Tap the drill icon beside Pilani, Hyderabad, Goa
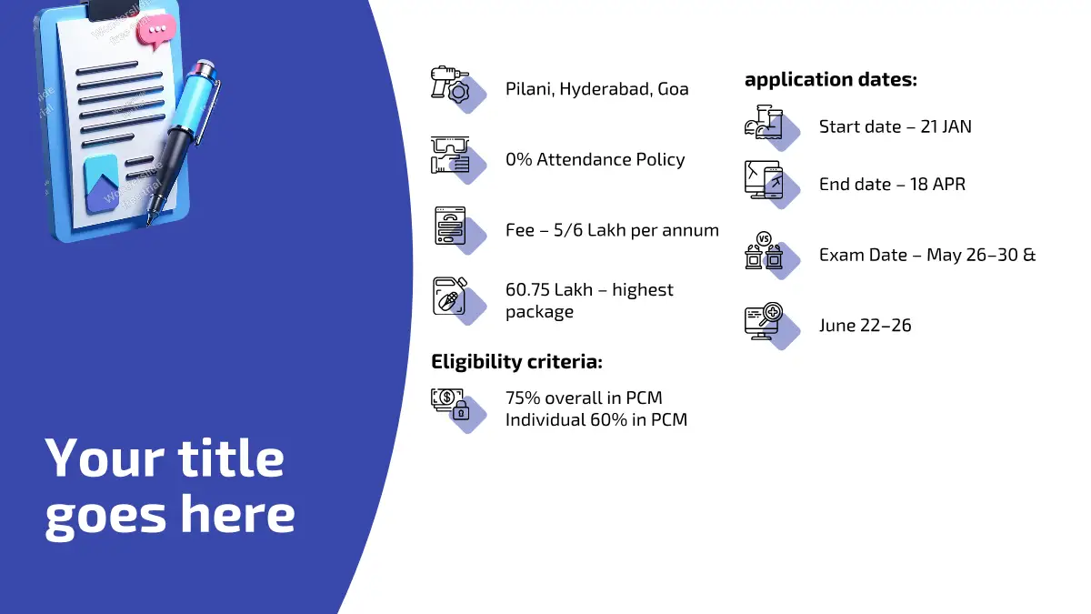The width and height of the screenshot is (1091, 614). click(451, 85)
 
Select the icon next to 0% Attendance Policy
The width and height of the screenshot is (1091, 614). click(451, 155)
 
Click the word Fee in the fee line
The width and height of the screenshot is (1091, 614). click(520, 230)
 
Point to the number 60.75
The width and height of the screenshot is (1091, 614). click(527, 290)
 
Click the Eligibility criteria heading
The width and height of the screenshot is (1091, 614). click(516, 362)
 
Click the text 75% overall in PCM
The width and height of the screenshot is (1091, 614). click(584, 398)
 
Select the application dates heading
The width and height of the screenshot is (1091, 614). click(831, 80)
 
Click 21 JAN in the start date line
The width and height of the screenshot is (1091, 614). click(946, 126)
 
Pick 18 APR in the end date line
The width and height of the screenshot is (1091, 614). click(937, 184)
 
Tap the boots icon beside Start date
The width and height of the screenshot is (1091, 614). click(764, 122)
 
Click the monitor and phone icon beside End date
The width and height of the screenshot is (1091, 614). click(764, 180)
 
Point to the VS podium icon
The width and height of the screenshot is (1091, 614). click(764, 250)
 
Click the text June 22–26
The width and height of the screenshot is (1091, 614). click(865, 326)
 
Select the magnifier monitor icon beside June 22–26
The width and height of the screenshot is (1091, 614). click(764, 320)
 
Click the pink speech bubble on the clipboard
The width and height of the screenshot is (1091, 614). click(155, 31)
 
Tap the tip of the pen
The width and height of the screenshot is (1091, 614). click(149, 224)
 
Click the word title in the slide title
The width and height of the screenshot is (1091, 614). click(230, 458)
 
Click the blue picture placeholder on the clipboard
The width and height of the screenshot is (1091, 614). click(102, 184)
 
